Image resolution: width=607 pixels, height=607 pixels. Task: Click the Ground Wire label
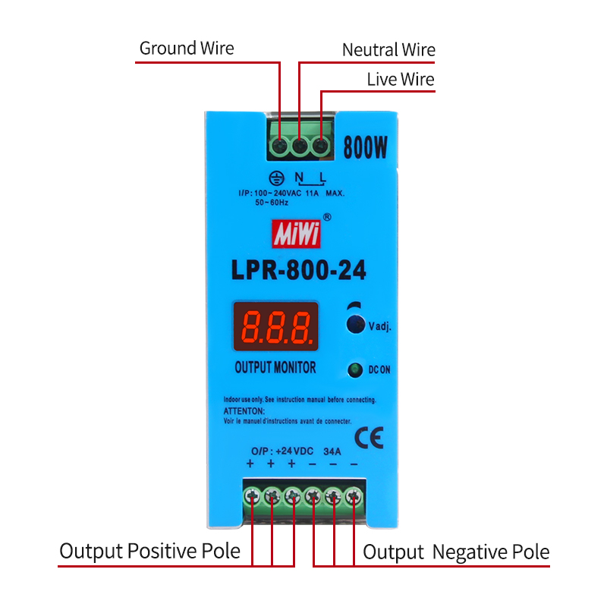(187, 49)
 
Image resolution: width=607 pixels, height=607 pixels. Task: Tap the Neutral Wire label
(388, 50)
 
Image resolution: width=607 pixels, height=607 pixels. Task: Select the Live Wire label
(401, 80)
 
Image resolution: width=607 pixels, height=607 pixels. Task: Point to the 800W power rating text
(366, 146)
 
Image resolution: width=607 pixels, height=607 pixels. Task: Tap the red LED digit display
(275, 326)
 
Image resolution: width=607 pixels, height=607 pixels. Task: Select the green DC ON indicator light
(355, 370)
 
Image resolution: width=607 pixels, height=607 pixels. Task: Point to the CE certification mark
(369, 436)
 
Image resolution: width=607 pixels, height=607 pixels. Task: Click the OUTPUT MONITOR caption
(275, 368)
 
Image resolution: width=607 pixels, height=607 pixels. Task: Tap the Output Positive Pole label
(149, 551)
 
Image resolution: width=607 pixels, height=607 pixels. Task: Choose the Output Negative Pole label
(456, 552)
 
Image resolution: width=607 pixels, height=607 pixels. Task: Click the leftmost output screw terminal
(252, 497)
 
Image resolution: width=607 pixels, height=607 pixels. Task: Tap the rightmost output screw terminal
(353, 497)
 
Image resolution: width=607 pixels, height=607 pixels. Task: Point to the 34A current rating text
(332, 451)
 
